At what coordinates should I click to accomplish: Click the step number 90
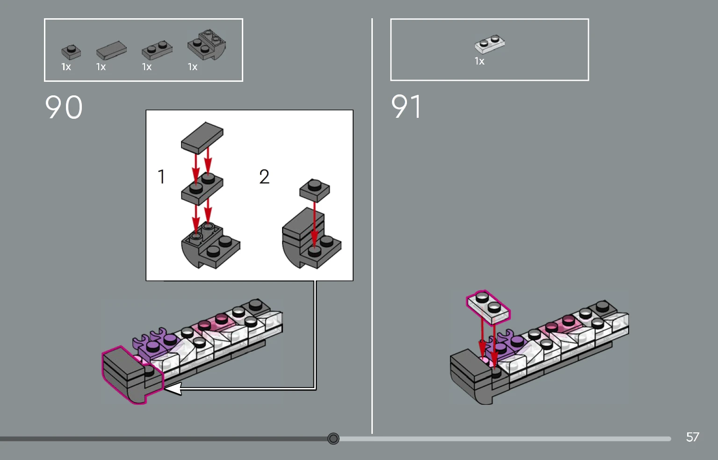[x=64, y=107]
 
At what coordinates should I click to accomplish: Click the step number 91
[x=406, y=106]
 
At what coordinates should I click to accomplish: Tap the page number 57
[x=692, y=437]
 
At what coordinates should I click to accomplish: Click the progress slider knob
[x=334, y=438]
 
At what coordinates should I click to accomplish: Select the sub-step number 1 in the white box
[x=161, y=177]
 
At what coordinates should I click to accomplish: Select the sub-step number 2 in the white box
[x=264, y=177]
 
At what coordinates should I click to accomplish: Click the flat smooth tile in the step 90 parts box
[x=111, y=50]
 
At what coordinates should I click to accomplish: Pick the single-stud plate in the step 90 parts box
[x=71, y=52]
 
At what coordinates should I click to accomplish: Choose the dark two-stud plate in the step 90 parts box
[x=157, y=50]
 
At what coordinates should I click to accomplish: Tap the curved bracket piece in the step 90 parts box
[x=207, y=45]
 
